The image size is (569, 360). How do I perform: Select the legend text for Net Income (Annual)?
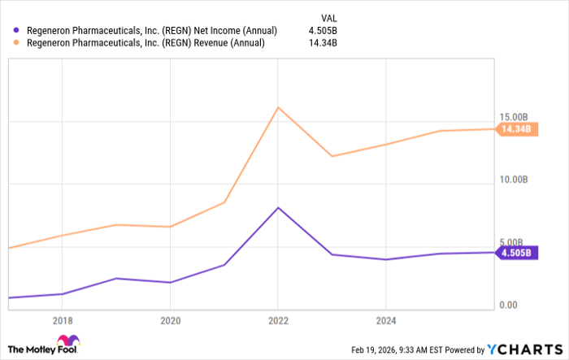tap(152, 31)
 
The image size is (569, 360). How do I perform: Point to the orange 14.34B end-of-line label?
tap(515, 129)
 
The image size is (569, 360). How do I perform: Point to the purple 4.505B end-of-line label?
tap(515, 253)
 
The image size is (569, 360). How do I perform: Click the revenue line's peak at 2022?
tap(278, 107)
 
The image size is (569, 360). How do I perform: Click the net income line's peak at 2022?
tap(278, 208)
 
